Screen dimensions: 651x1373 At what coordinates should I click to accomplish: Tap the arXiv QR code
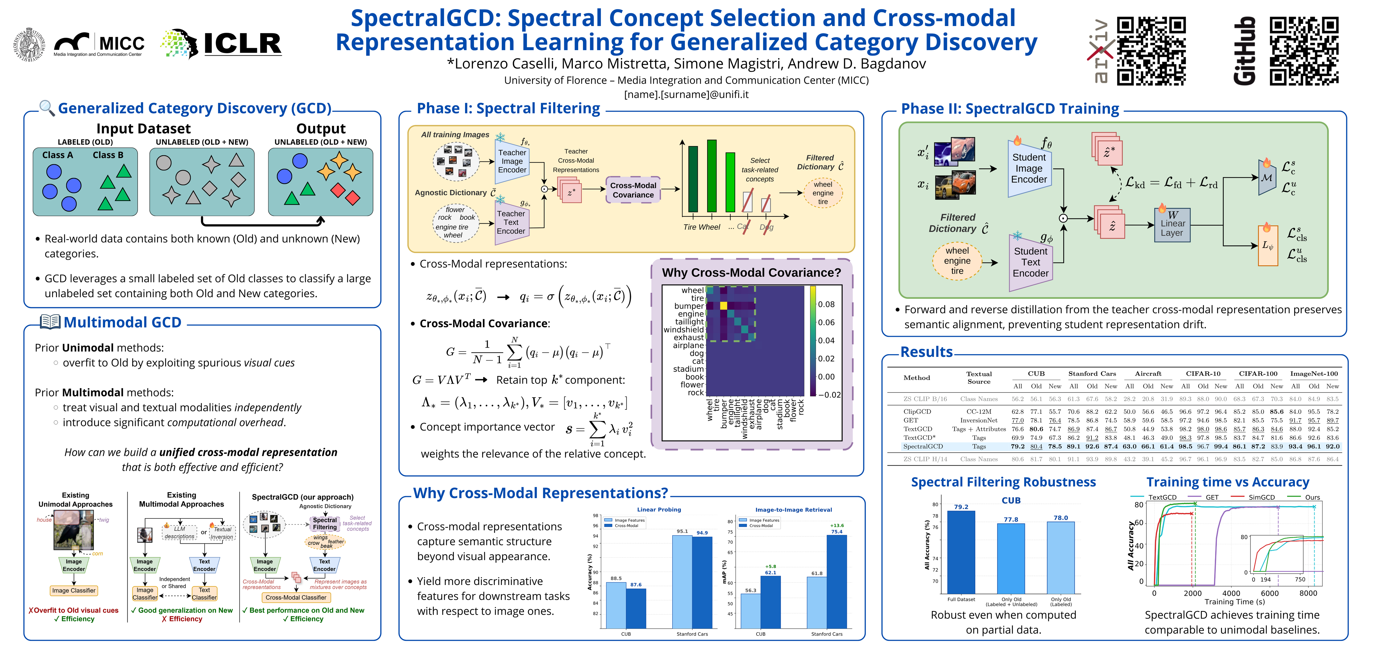(1151, 51)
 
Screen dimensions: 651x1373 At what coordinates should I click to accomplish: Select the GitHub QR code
(1304, 51)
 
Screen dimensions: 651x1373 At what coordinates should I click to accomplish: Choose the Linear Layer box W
(1172, 224)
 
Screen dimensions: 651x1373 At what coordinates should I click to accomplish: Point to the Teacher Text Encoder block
(511, 222)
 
